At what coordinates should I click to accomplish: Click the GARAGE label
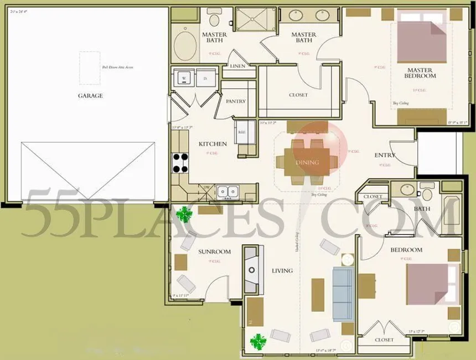click(90, 96)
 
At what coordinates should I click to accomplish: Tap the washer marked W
click(184, 79)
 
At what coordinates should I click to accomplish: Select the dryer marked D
click(205, 79)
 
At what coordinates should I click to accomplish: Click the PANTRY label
click(236, 101)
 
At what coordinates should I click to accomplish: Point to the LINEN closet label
click(237, 66)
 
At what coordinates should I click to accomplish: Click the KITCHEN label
click(213, 144)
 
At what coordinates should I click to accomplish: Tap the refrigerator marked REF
click(242, 132)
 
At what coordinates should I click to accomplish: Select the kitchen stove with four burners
click(180, 162)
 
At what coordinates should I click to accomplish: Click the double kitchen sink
click(227, 192)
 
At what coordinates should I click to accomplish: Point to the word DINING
click(307, 162)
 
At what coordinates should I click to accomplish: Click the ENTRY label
click(385, 155)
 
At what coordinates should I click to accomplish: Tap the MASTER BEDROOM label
click(420, 73)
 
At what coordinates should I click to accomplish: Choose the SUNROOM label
click(214, 252)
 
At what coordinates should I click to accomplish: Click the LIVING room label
click(282, 271)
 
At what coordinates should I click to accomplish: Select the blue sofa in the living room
click(343, 294)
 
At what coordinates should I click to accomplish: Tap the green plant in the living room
click(258, 341)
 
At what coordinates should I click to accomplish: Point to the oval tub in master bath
click(184, 47)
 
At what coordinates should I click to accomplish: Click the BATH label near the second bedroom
click(422, 209)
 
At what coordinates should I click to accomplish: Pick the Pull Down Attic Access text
click(117, 68)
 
